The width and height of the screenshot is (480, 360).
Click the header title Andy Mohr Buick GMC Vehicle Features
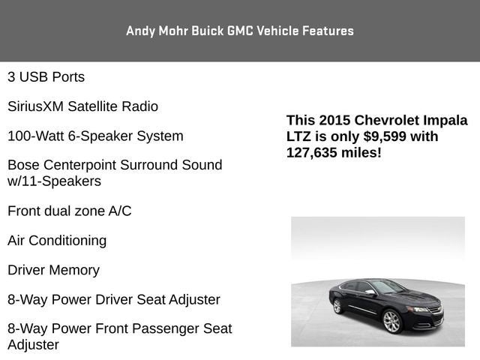coord(240,31)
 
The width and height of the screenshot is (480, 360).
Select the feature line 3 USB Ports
coord(46,77)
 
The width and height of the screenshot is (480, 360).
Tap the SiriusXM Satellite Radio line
coord(82,106)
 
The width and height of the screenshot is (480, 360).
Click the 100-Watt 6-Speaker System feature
coord(95,136)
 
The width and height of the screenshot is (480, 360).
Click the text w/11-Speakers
coord(54,181)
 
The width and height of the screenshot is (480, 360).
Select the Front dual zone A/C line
coord(69,211)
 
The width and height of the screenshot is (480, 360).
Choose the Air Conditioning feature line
coord(57,241)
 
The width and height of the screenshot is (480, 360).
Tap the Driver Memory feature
coord(53,270)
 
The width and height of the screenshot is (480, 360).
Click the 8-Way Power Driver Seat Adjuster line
coord(114,300)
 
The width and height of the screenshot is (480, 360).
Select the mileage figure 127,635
coord(313,152)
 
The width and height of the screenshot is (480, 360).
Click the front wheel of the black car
coord(391,320)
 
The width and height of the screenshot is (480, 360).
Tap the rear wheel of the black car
coord(337,306)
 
